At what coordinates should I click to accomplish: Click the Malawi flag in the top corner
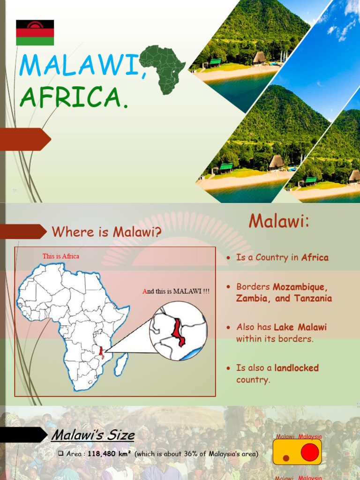tap(35, 32)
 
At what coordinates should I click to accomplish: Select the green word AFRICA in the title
tap(70, 97)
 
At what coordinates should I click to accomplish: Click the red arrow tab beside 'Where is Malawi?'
tap(23, 231)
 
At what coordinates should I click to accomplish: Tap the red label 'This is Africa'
tap(61, 256)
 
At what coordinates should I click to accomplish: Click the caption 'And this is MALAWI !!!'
tap(176, 291)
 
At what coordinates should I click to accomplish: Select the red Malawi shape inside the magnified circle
tap(177, 331)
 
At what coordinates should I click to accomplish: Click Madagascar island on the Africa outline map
tap(121, 364)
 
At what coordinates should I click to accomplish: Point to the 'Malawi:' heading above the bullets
tap(279, 221)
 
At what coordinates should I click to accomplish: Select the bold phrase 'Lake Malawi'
tap(300, 327)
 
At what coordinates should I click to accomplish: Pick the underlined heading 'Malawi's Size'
tap(93, 435)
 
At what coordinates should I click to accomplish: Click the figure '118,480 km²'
tap(109, 454)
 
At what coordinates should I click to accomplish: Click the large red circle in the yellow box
tap(309, 452)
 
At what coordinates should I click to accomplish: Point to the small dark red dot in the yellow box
tap(286, 457)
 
